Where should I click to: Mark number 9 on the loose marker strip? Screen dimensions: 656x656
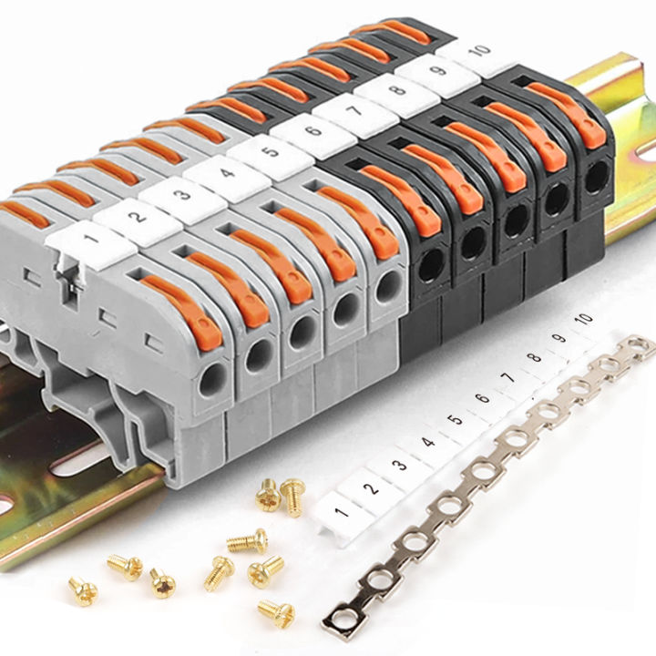(559, 336)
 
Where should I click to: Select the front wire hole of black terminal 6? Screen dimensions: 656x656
(426, 266)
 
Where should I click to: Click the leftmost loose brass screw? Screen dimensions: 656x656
(82, 589)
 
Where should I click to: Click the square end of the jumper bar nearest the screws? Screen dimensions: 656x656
(338, 622)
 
